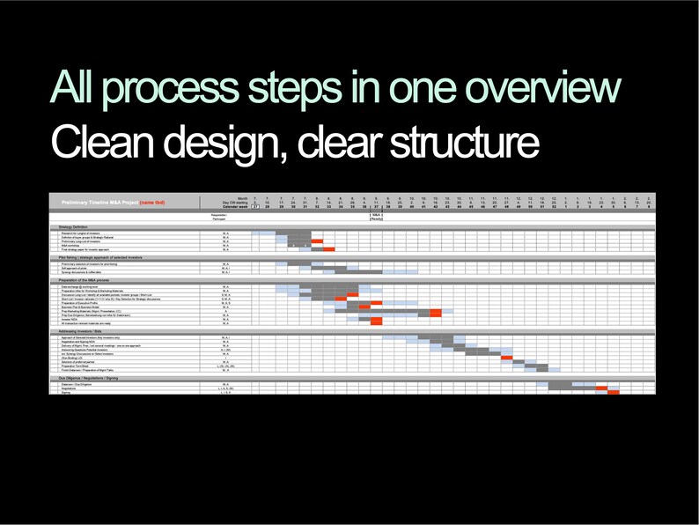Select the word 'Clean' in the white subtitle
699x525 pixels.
click(105, 144)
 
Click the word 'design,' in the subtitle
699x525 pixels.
click(228, 144)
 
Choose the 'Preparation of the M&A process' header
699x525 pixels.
click(83, 281)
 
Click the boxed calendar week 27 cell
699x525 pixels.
click(255, 207)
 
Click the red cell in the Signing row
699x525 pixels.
click(613, 393)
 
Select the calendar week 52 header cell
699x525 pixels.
click(553, 207)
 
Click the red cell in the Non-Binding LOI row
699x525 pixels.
click(506, 357)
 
